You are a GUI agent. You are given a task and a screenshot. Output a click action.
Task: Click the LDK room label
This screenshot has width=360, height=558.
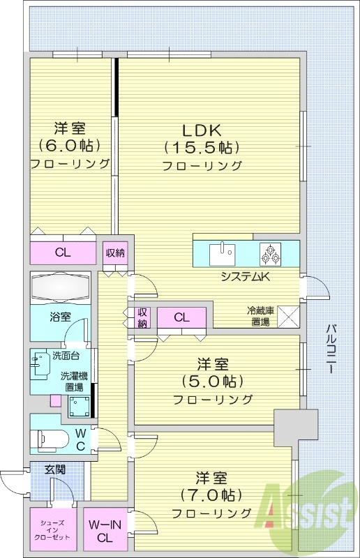click(x=202, y=130)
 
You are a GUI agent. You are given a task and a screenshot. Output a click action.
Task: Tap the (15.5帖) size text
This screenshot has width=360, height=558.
click(x=202, y=148)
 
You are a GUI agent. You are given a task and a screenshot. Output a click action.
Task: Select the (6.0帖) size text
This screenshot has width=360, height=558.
click(x=70, y=146)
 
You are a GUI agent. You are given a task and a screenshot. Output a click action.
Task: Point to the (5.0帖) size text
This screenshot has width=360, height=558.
click(x=213, y=382)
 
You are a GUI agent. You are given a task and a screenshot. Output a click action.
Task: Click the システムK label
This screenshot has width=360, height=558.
click(x=246, y=277)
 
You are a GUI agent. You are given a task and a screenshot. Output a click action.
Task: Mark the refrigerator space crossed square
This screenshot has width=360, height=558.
click(x=288, y=317)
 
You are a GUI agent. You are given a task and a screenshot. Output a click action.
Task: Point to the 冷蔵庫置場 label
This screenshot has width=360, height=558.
click(x=260, y=316)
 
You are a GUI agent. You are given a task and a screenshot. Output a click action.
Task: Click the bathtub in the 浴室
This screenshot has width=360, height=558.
click(x=61, y=287)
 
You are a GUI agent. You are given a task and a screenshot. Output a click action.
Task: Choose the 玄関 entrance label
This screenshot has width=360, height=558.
click(x=55, y=469)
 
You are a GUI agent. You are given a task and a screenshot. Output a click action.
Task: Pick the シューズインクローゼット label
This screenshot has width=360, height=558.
click(x=52, y=531)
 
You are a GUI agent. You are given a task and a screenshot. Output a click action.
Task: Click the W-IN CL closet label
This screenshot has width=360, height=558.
click(x=105, y=531)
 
